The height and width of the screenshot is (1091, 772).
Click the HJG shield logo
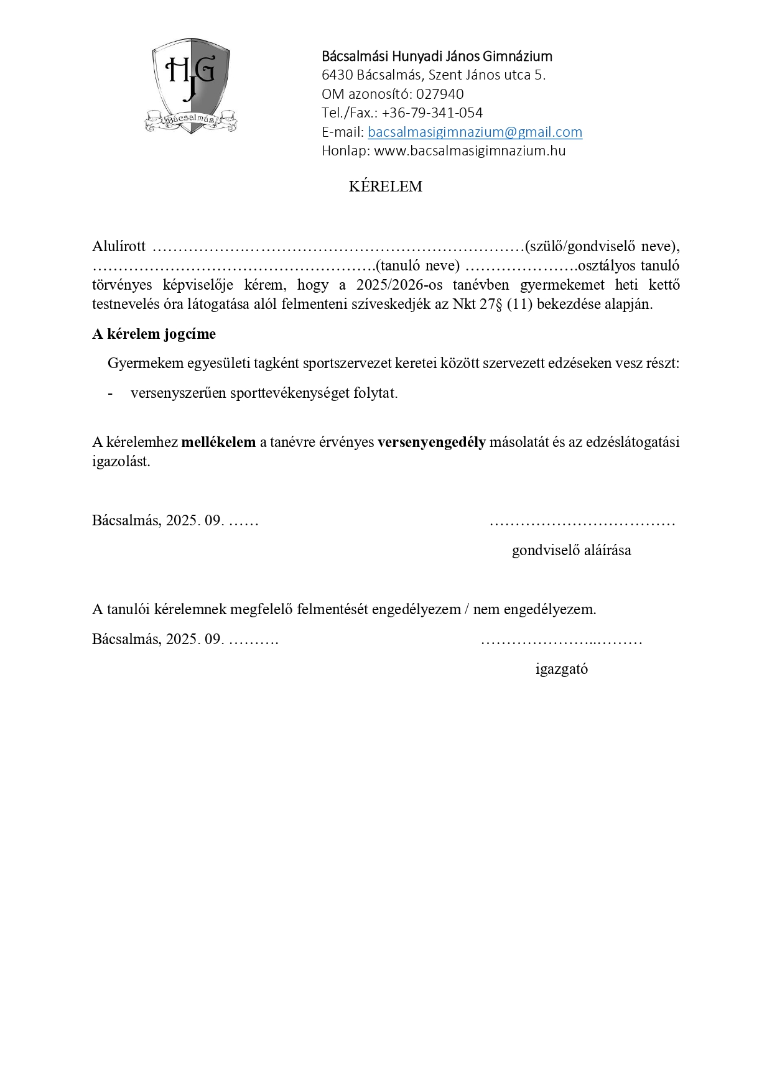click(x=191, y=85)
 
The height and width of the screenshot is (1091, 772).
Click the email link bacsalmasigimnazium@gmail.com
click(x=475, y=132)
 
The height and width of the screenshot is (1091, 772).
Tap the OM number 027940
click(x=439, y=94)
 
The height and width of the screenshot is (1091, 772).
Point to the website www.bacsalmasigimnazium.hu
click(x=469, y=150)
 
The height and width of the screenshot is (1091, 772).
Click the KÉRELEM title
click(x=385, y=186)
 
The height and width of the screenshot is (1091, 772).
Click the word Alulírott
click(x=119, y=246)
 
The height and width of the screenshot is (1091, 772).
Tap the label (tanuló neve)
click(x=417, y=265)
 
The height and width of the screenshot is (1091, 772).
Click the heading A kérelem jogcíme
click(x=154, y=334)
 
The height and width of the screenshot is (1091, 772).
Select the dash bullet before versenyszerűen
click(x=111, y=394)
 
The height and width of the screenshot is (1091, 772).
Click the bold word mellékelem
click(x=218, y=442)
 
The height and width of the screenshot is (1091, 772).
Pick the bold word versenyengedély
click(x=431, y=442)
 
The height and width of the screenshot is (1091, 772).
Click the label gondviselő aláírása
click(x=571, y=550)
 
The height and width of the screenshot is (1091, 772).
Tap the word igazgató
click(x=561, y=669)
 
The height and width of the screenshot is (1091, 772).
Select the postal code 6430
click(x=337, y=75)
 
